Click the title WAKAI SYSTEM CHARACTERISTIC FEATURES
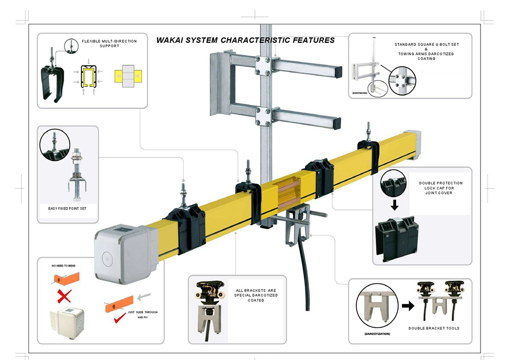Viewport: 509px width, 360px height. coord(245,40)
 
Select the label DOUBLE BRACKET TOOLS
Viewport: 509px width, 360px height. coord(434,328)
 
